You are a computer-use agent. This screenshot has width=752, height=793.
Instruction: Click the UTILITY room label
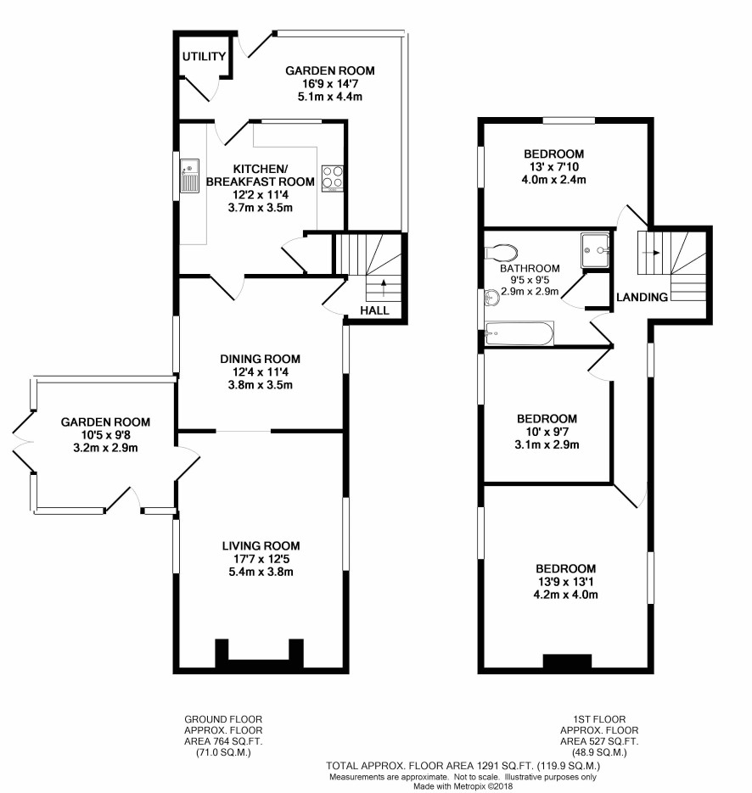coord(205,58)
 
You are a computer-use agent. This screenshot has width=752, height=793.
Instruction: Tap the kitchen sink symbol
coord(188,176)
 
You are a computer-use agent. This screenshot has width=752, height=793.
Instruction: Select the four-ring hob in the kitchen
coord(331,176)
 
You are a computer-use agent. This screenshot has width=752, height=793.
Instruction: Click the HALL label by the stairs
coord(374,310)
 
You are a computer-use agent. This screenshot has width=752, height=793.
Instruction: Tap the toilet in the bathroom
coord(504,252)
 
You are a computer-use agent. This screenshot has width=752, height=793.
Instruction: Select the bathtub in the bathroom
coord(519,333)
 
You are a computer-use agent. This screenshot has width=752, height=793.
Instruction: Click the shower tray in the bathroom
coord(598,249)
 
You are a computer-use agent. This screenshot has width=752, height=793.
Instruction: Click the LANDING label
coord(642,297)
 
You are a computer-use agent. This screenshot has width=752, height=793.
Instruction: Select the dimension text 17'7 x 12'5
coord(261,558)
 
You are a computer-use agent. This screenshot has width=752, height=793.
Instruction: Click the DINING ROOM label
coord(261,359)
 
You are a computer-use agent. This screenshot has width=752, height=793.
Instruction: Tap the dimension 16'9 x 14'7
coord(329,83)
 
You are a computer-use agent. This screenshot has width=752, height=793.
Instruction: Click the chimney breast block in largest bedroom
coord(566,662)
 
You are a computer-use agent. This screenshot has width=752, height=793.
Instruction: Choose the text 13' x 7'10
coord(554,166)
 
